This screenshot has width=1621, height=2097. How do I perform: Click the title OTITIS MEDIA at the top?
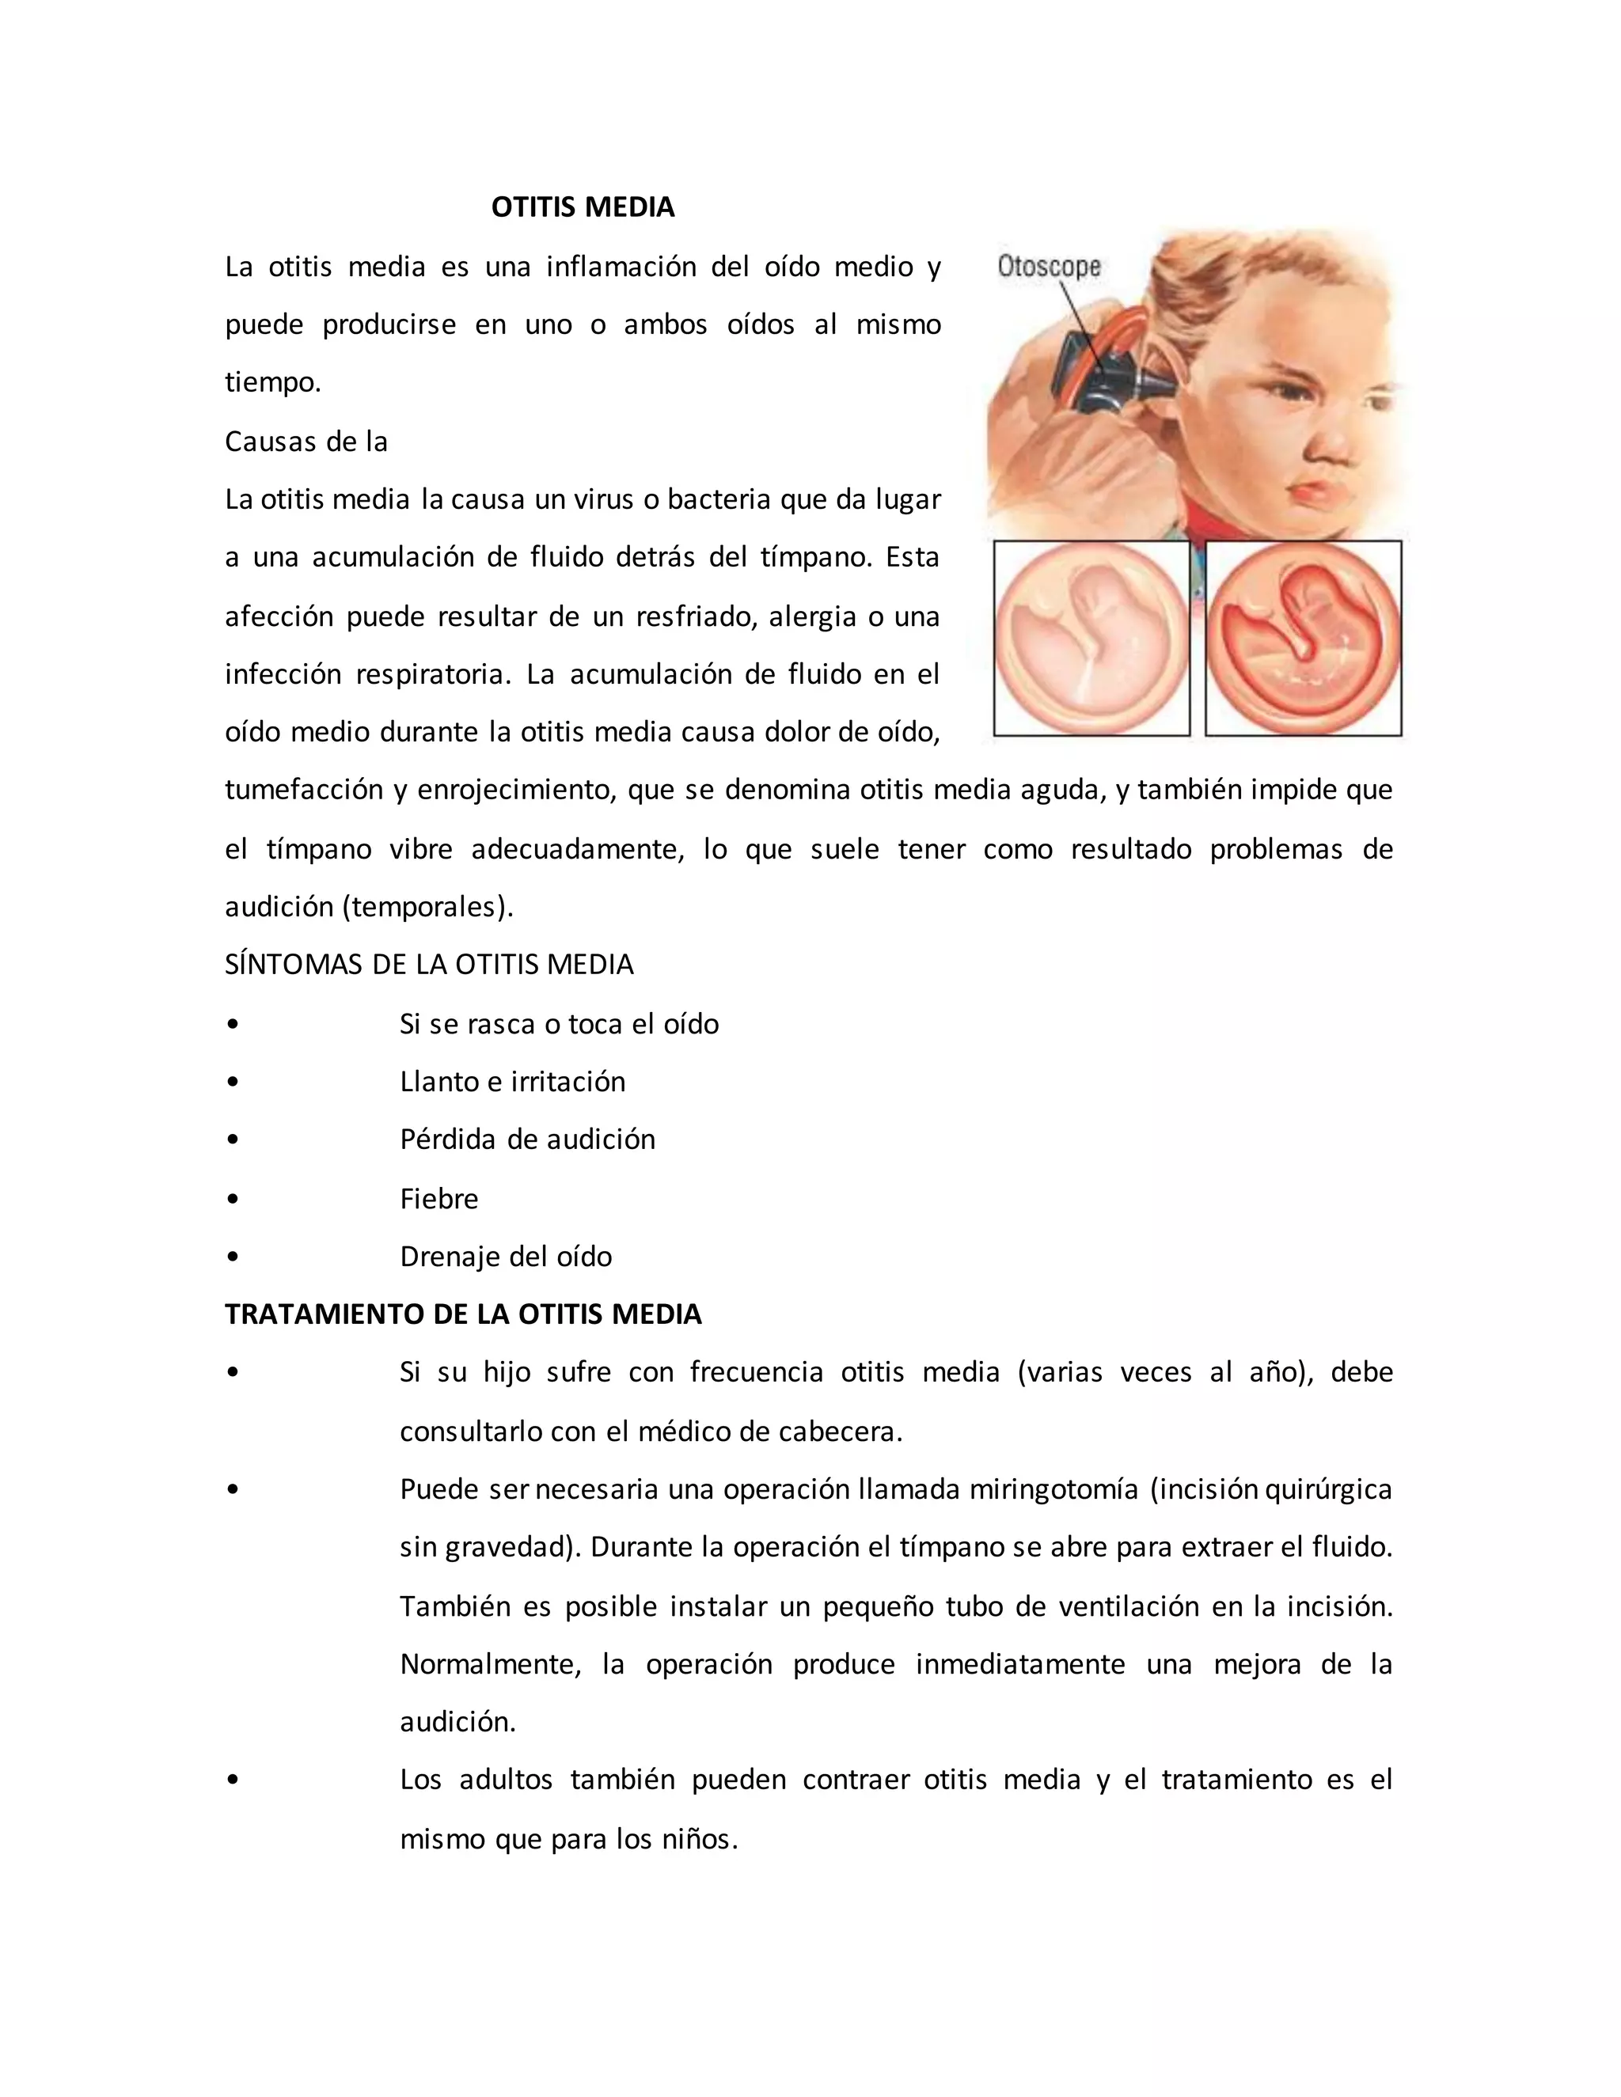(x=582, y=207)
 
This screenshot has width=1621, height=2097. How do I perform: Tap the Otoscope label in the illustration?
(x=1049, y=266)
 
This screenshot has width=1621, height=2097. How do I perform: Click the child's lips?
(x=1312, y=498)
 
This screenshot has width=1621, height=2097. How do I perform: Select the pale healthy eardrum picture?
(x=1091, y=639)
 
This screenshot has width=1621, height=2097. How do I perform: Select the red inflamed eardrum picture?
(x=1303, y=639)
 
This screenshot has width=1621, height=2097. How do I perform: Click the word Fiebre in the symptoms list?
(x=438, y=1198)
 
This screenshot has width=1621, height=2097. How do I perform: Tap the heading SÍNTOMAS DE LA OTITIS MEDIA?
(x=428, y=964)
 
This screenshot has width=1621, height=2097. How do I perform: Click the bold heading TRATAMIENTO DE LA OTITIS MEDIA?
(x=463, y=1314)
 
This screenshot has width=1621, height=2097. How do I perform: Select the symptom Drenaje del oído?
(x=505, y=1256)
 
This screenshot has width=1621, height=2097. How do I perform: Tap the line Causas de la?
(x=306, y=442)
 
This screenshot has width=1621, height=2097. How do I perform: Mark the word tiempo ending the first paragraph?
(x=270, y=383)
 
